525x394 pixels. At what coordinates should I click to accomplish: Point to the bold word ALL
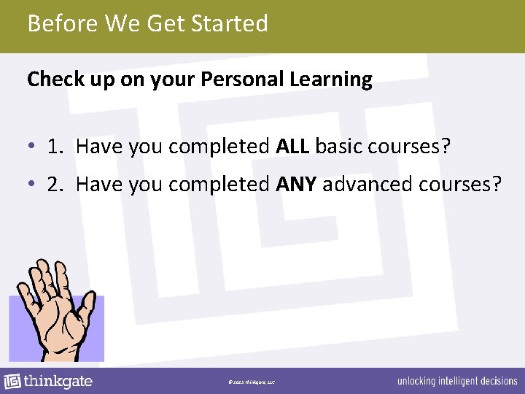293,147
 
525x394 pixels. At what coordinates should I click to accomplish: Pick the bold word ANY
296,184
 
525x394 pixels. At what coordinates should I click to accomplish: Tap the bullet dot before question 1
32,147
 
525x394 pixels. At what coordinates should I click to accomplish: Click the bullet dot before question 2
32,185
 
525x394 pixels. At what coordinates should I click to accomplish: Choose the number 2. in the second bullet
55,184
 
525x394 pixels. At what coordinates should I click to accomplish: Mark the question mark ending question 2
497,184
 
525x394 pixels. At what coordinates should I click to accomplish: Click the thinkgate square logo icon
12,381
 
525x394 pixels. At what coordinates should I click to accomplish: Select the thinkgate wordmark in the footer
58,381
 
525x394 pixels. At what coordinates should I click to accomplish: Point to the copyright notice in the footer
251,382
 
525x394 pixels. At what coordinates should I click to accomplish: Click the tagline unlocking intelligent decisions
456,382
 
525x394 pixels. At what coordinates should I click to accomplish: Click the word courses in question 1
408,147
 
